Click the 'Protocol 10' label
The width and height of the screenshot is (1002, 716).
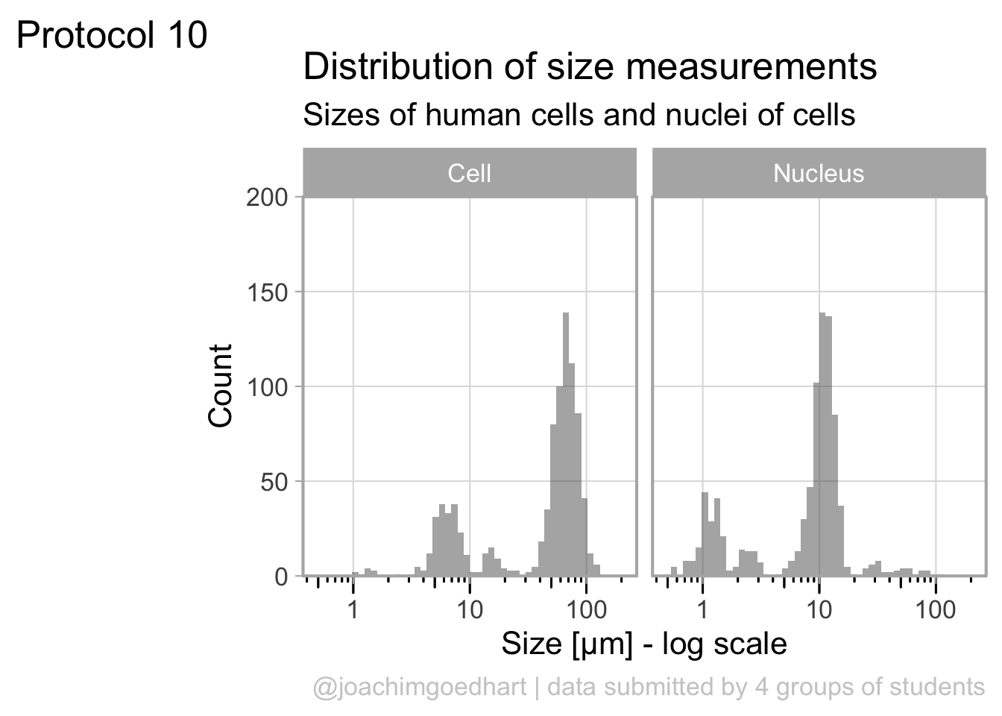[112, 35]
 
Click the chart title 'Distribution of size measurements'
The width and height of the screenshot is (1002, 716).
[590, 66]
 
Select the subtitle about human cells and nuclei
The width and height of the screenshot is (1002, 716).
[579, 115]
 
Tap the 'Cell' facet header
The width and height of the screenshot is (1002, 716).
[470, 173]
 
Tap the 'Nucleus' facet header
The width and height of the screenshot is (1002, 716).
[819, 173]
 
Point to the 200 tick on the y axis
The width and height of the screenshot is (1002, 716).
[267, 198]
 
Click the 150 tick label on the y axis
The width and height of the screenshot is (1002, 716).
[267, 292]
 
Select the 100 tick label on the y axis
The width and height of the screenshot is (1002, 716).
[267, 387]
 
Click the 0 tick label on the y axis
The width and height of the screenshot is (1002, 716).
[281, 577]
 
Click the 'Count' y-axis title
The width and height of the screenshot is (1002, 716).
[221, 386]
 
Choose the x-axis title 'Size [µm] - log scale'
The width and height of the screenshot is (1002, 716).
[643, 644]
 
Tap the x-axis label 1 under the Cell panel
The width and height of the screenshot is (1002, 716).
[353, 609]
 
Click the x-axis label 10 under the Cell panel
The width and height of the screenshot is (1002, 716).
[470, 609]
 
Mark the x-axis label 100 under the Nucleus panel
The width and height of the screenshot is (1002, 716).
[935, 609]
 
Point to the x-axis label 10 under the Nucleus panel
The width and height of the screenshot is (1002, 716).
[819, 609]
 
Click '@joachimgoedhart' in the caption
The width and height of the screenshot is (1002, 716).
[420, 687]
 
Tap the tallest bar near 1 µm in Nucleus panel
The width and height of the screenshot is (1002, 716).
[705, 534]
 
